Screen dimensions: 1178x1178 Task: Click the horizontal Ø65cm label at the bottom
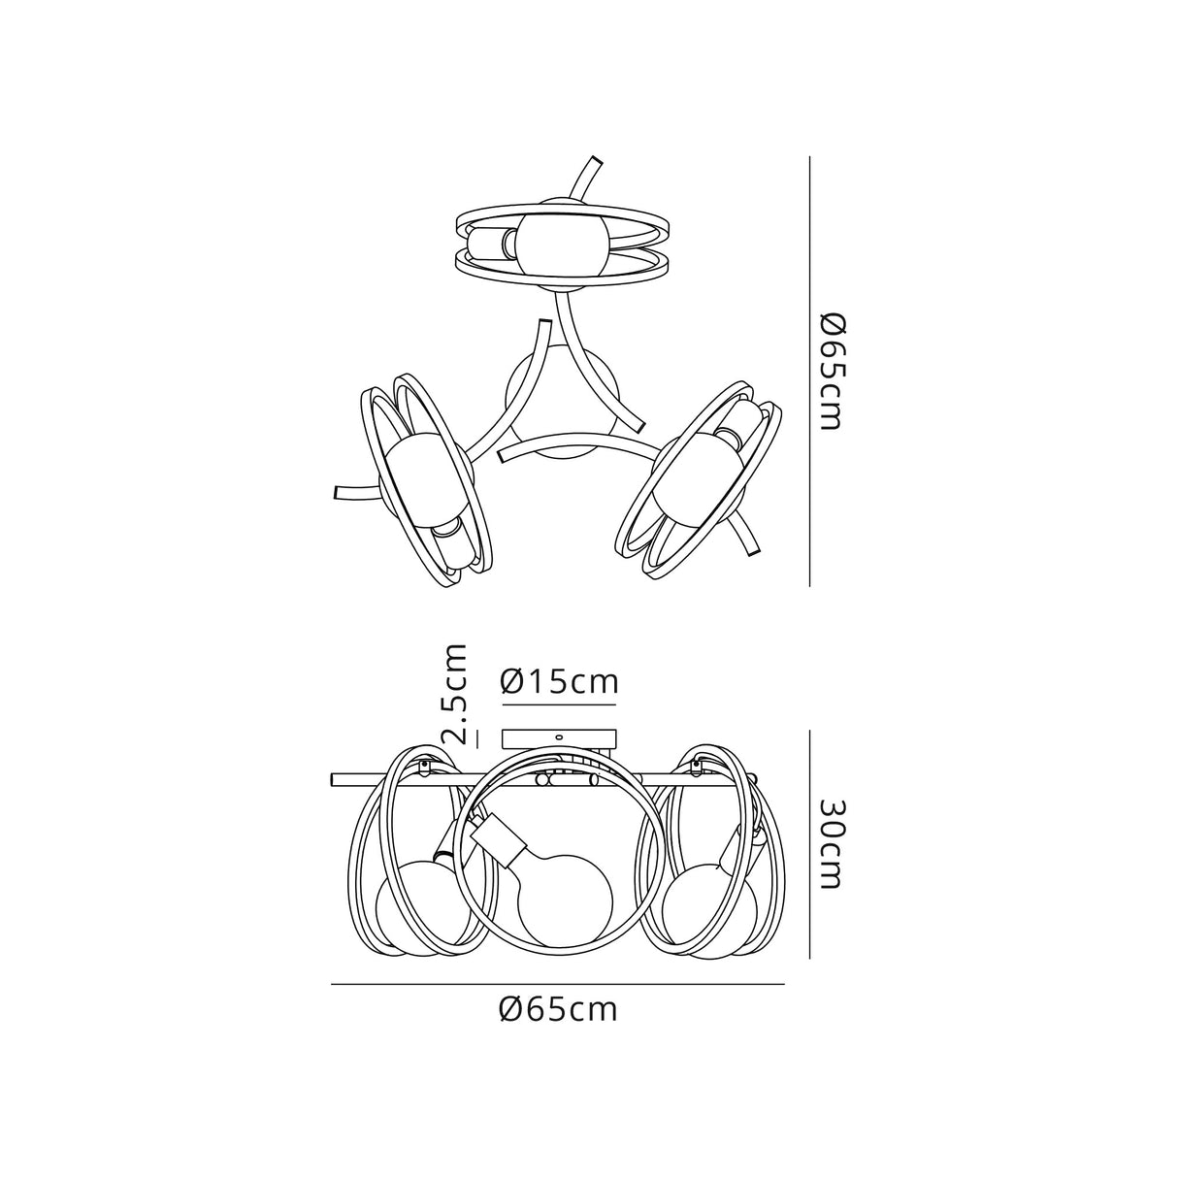click(x=559, y=1009)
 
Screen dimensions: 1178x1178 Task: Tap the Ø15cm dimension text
click(x=559, y=681)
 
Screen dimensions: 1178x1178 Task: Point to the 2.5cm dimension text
click(x=455, y=693)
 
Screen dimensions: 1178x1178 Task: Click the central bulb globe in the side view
click(x=566, y=898)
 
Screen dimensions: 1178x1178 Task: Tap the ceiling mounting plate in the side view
click(x=559, y=738)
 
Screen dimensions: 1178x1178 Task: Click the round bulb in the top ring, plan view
click(x=561, y=244)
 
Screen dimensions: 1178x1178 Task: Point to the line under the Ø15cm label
click(x=559, y=704)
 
